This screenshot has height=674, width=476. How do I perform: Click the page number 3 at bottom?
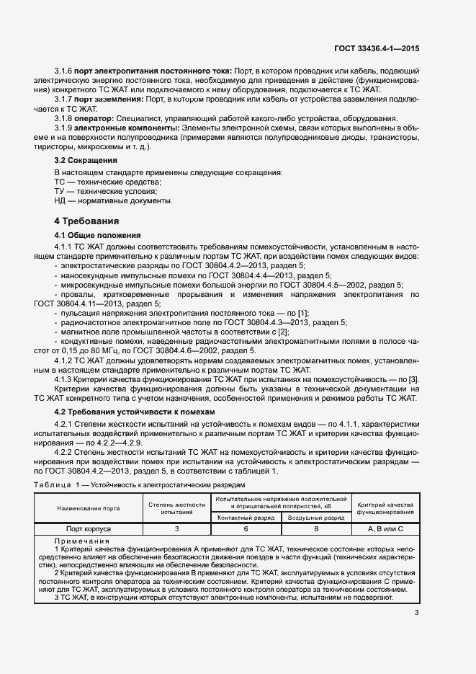click(x=417, y=613)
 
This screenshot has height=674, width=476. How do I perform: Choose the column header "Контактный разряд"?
click(x=246, y=518)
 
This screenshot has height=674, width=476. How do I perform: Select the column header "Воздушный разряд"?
click(x=315, y=518)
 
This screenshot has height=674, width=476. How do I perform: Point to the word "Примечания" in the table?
click(x=81, y=541)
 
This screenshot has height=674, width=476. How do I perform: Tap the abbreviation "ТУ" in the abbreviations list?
click(x=60, y=191)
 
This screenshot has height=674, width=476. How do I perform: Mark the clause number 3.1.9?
click(x=65, y=128)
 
